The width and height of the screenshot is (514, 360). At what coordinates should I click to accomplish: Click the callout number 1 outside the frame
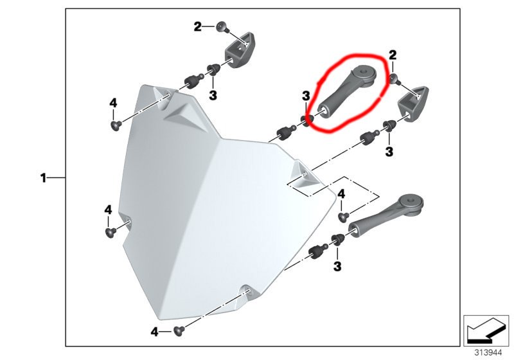(x=43, y=178)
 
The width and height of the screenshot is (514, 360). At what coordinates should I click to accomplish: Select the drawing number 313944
(x=488, y=353)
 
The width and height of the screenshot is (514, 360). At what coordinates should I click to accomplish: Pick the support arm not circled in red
(x=385, y=215)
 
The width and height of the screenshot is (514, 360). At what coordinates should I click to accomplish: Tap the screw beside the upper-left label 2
(x=222, y=27)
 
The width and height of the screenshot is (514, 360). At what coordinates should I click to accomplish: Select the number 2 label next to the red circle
(x=393, y=55)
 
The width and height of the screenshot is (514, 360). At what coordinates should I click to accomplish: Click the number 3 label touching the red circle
(x=306, y=96)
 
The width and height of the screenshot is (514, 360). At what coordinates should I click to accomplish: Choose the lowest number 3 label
(x=337, y=266)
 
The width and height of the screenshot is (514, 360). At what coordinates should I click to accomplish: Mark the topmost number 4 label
(x=113, y=104)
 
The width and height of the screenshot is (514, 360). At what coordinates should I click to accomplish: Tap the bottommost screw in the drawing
(x=179, y=331)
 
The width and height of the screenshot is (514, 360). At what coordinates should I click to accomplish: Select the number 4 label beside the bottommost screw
(x=154, y=332)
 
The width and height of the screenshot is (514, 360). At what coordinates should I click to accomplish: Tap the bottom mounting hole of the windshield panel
(x=247, y=291)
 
